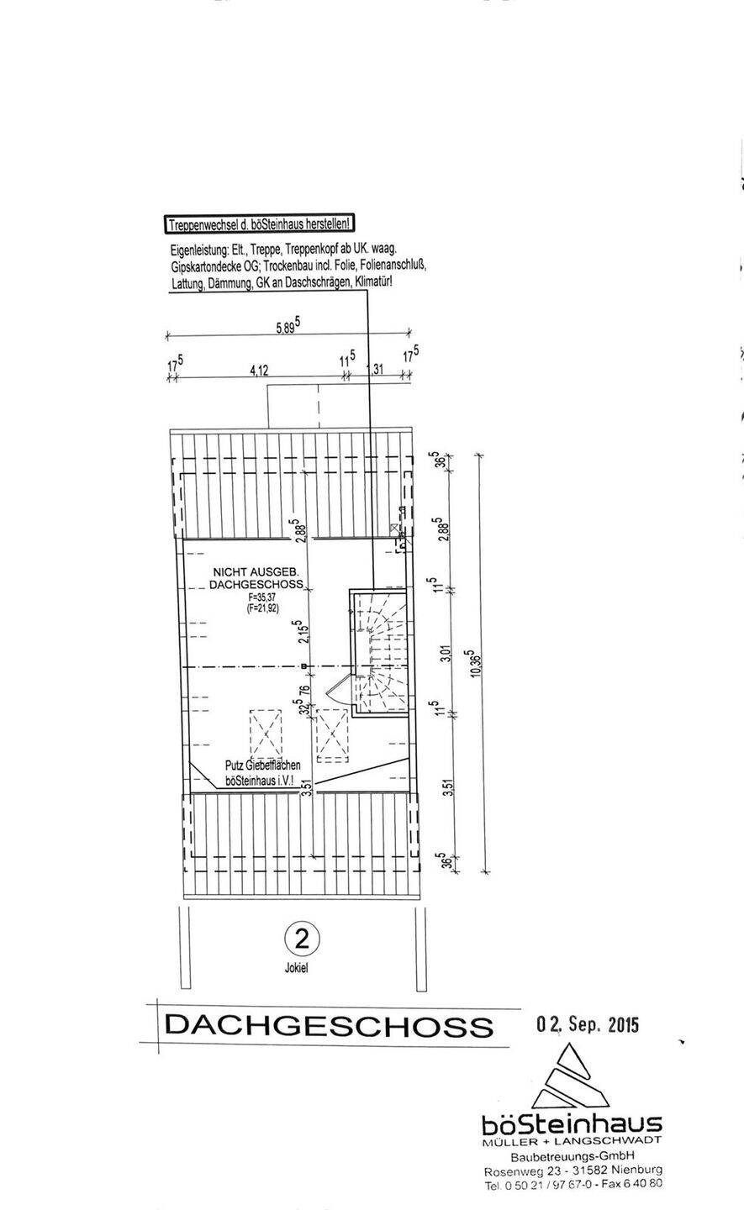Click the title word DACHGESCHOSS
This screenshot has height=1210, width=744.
[x=329, y=1025]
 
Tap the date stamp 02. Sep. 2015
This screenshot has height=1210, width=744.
[x=588, y=1024]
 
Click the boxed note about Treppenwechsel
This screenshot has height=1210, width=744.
[x=258, y=224]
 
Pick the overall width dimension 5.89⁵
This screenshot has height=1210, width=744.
[x=288, y=329]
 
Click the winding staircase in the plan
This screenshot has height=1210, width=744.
[x=380, y=652]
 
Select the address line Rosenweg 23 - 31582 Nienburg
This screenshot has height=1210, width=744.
[x=573, y=1171]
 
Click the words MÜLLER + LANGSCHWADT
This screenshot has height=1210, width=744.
[x=573, y=1140]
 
